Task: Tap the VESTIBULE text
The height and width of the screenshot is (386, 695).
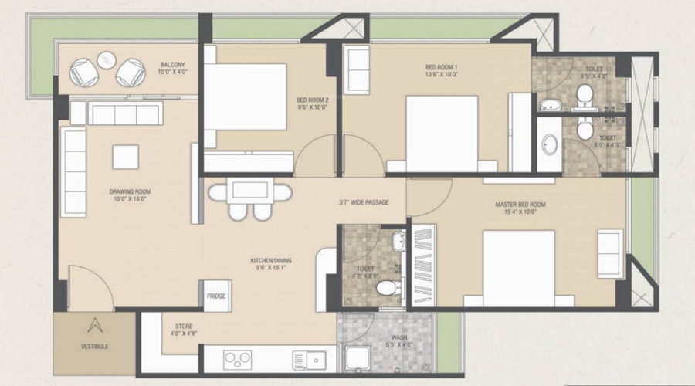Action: [x=94, y=347]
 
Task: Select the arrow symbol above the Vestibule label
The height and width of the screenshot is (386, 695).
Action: [x=94, y=326]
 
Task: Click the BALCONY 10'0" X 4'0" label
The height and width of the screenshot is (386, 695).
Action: [x=171, y=68]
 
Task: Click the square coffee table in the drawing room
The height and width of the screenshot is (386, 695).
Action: [x=126, y=157]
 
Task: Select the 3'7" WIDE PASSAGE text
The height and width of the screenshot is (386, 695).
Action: [x=364, y=203]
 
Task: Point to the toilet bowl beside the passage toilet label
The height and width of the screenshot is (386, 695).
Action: [x=385, y=289]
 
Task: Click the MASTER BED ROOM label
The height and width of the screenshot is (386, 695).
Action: [x=520, y=208]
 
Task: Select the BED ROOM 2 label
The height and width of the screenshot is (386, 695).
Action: [x=313, y=103]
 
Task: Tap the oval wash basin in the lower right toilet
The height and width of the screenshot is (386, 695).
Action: [x=550, y=144]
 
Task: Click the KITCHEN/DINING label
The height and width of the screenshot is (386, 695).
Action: [x=270, y=265]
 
